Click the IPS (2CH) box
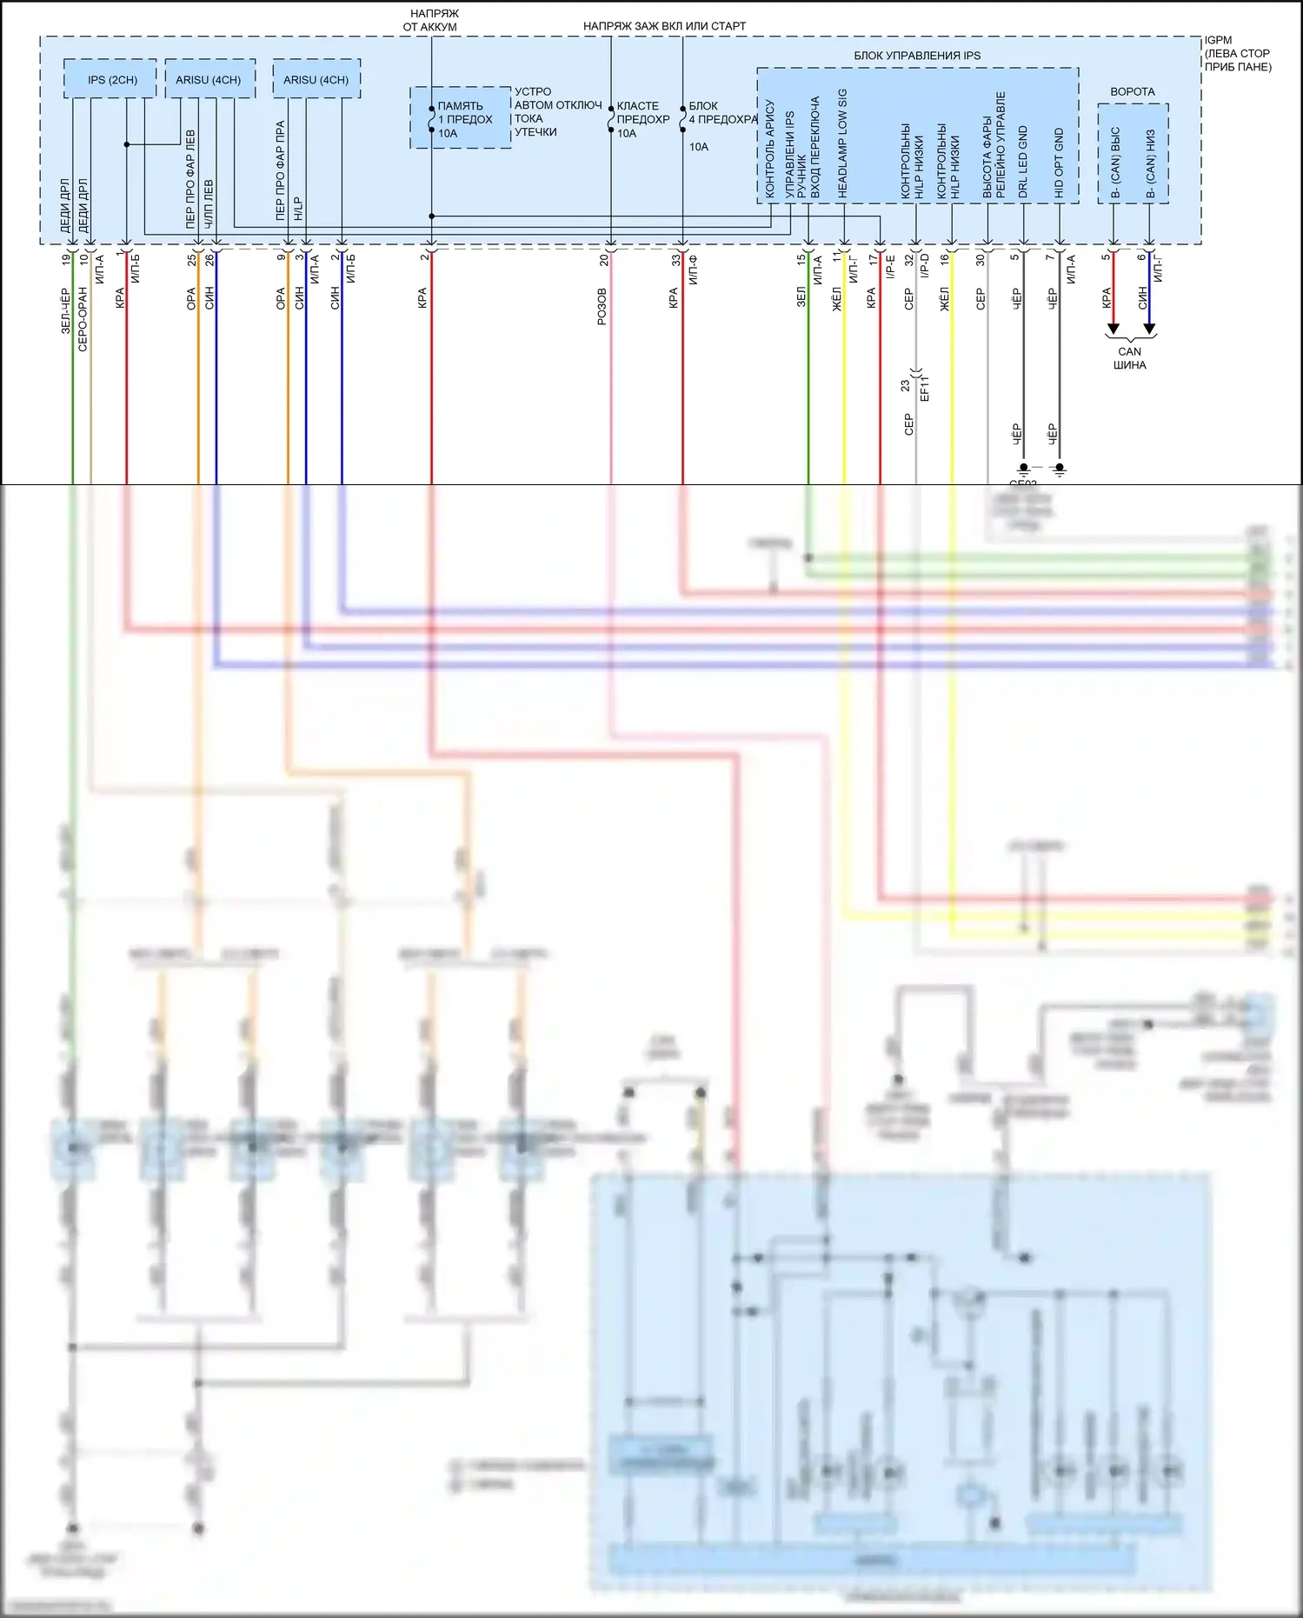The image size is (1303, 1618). [x=111, y=80]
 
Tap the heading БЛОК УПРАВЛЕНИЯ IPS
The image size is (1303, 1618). [x=916, y=56]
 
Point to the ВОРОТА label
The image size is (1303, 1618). [x=1132, y=91]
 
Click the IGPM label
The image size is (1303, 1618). [x=1218, y=40]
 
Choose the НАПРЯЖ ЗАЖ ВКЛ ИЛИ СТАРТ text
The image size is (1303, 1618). [x=664, y=26]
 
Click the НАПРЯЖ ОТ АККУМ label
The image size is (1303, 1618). [x=429, y=20]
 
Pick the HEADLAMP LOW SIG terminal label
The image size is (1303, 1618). [x=842, y=143]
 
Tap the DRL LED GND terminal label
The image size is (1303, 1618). [x=1023, y=162]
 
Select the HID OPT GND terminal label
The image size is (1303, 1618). [x=1060, y=163]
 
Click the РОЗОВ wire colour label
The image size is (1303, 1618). [x=602, y=306]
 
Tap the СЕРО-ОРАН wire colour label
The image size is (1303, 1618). [x=83, y=318]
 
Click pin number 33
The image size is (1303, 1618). [x=675, y=258]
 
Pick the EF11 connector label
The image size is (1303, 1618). [x=925, y=388]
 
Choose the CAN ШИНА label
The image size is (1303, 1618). [x=1129, y=358]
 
